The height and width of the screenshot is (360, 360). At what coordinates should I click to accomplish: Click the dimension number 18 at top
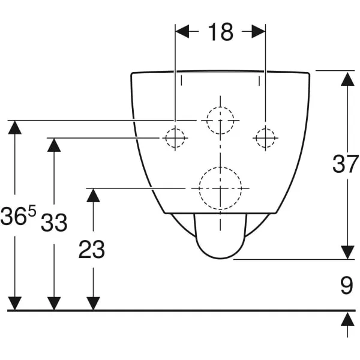coord(220,32)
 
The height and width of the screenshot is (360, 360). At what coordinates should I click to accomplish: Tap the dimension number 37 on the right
coord(346,164)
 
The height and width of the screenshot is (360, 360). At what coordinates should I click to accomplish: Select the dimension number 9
coord(347,285)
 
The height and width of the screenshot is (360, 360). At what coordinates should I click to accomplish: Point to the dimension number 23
coord(92,250)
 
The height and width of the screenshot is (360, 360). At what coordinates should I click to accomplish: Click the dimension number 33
coord(54,222)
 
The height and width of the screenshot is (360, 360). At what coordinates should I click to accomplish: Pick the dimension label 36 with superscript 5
coord(19,215)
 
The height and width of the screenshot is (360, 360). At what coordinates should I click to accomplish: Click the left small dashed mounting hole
coord(175,138)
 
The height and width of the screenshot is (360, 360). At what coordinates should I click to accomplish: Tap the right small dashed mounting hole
coord(265,138)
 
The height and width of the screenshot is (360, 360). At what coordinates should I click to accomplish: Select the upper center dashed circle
coord(220,107)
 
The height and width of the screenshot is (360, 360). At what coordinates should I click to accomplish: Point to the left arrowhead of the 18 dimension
coord(182,31)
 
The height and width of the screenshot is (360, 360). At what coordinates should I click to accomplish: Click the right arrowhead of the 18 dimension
coord(259,31)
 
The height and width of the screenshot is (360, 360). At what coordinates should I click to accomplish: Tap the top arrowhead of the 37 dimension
coord(347,79)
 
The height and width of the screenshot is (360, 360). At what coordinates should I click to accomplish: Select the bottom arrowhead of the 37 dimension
coord(347,253)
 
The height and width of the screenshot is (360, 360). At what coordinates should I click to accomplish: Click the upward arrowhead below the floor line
coord(347,319)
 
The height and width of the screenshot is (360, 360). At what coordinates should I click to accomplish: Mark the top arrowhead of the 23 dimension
coord(93,196)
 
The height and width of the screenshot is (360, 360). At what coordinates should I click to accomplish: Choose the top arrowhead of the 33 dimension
coord(54,145)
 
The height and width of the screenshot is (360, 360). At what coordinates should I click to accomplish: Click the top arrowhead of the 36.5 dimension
coord(14,127)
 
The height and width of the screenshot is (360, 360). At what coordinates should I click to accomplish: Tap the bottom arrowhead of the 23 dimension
coord(93,304)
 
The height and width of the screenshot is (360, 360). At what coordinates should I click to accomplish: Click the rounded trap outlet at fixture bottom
coord(220,259)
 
